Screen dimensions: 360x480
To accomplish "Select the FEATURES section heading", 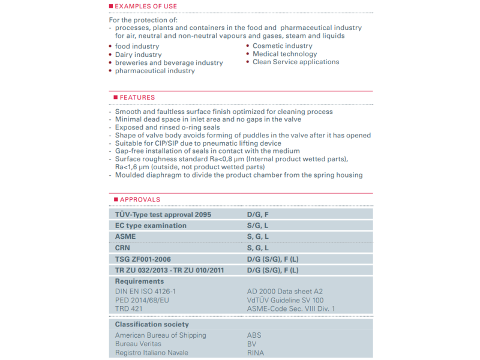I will point(137,97).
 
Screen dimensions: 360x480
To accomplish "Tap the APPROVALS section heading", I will point(140,199).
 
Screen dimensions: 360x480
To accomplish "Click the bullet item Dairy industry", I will point(138,55).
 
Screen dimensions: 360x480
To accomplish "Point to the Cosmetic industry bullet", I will point(282,46).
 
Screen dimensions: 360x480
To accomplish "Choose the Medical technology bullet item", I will point(284,54).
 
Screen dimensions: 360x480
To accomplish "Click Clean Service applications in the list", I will point(296,62).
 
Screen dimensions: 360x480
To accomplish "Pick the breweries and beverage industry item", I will point(169,63).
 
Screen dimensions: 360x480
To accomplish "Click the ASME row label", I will point(125,236).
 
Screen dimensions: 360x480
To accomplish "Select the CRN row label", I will point(123,248).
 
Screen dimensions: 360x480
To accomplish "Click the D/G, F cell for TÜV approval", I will point(259,214).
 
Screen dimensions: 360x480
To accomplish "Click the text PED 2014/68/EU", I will point(142,300).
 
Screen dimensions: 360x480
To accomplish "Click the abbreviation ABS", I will point(254,335).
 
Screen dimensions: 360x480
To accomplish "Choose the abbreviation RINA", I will point(256,353).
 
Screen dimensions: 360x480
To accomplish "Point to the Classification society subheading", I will point(152,325).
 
